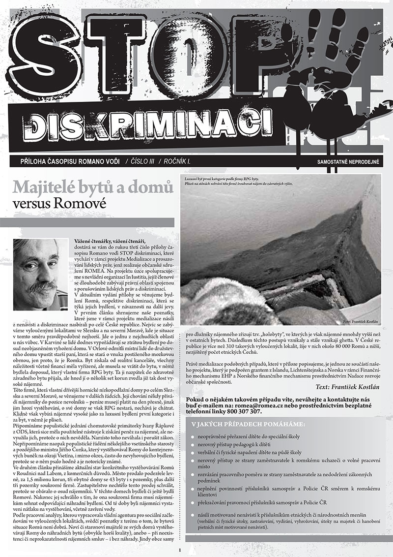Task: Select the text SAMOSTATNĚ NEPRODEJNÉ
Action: (x=350, y=161)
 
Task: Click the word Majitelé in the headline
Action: (x=49, y=187)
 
